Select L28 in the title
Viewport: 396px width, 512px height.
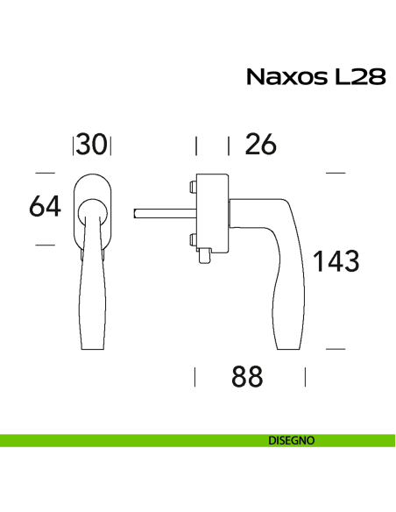(x=357, y=76)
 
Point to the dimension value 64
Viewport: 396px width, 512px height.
(x=44, y=207)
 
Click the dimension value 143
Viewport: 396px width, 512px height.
(x=336, y=260)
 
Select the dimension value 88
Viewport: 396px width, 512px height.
(x=248, y=377)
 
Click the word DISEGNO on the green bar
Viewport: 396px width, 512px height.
(x=292, y=441)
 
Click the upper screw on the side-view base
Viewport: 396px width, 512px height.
(x=190, y=186)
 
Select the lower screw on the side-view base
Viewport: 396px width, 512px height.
(x=190, y=238)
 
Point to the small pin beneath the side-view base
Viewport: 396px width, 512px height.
(x=204, y=257)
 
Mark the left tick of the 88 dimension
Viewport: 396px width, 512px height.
(x=194, y=377)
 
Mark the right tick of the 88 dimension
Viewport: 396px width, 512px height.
(x=305, y=377)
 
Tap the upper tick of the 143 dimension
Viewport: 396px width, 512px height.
(x=336, y=173)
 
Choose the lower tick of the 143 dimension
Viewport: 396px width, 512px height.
(x=336, y=349)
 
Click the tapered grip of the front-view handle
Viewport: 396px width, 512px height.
(x=92, y=298)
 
